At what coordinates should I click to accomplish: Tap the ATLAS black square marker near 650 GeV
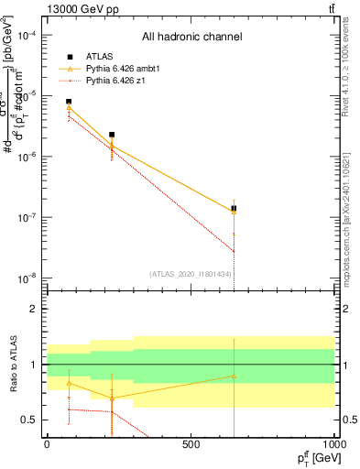[234, 209]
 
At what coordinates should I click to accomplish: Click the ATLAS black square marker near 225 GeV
[112, 135]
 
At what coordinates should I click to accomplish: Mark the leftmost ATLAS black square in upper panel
[69, 102]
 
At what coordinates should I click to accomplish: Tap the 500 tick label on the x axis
[191, 443]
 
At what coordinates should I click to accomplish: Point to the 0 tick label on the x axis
[47, 443]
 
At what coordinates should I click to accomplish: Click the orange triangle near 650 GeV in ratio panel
[234, 376]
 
